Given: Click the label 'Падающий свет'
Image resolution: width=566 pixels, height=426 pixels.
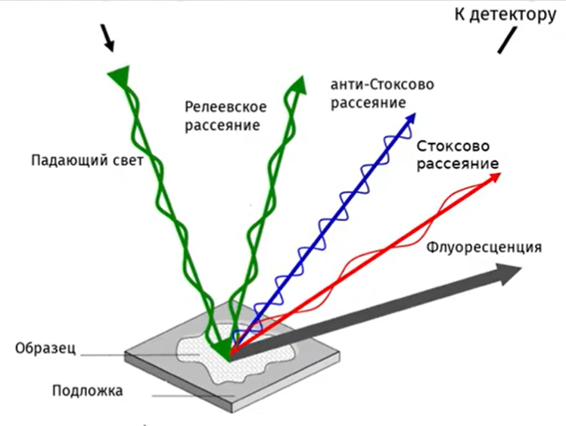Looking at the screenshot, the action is click(x=87, y=160).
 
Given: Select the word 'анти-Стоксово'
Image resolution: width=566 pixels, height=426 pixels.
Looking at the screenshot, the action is click(x=381, y=84).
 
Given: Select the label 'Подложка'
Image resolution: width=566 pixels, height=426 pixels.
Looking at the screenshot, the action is click(x=87, y=391).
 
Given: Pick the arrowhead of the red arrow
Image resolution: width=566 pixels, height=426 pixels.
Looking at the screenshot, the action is click(x=496, y=177).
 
